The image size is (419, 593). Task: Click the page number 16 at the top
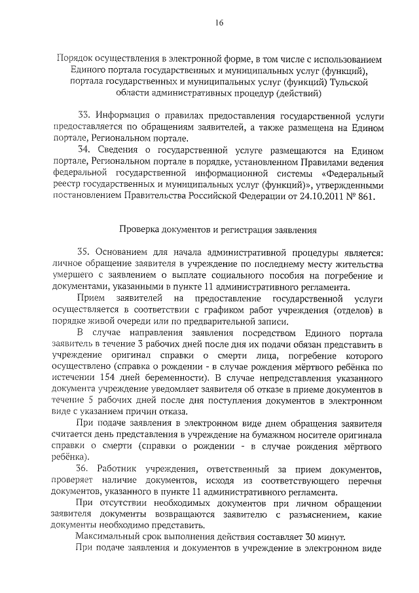pyautogui.click(x=219, y=23)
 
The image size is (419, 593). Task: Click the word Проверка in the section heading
pyautogui.click(x=139, y=230)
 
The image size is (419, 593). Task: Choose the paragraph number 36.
pyautogui.click(x=84, y=470)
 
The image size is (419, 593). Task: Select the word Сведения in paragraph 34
pyautogui.click(x=122, y=149)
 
